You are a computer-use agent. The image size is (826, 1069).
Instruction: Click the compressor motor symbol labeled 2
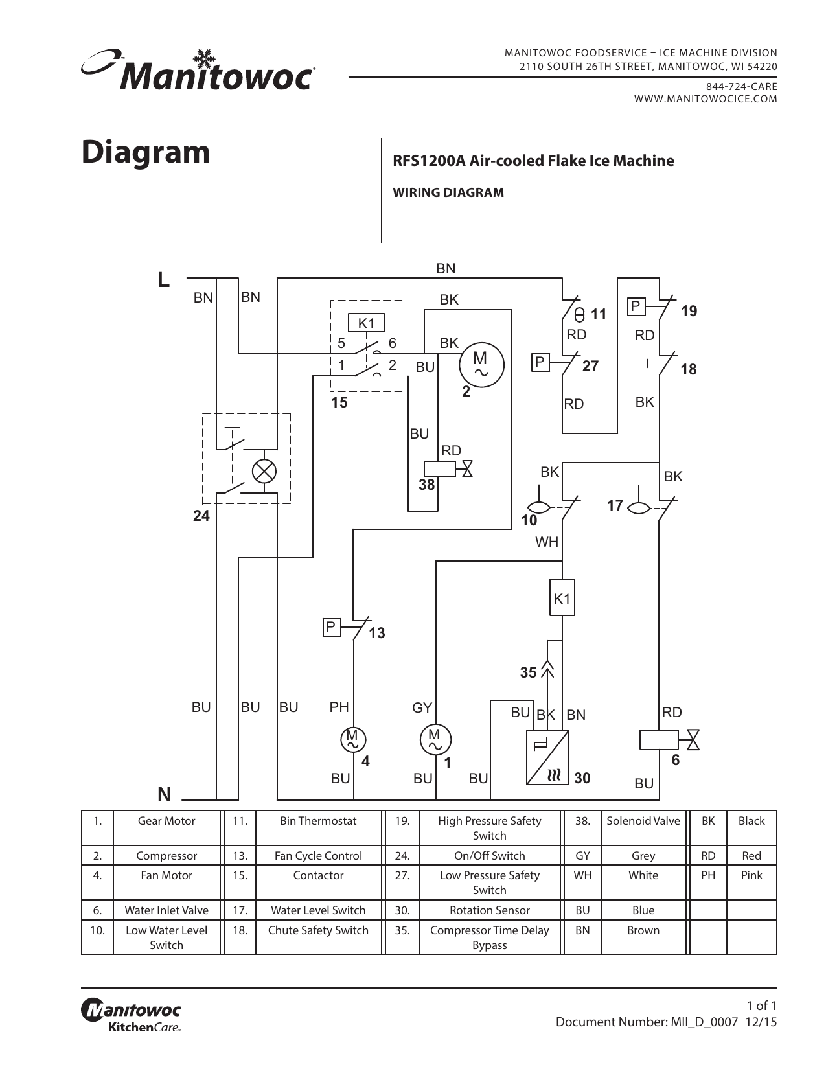click(481, 365)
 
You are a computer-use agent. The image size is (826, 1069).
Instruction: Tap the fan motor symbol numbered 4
click(353, 740)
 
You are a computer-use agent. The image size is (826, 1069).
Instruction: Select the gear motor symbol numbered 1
click(435, 740)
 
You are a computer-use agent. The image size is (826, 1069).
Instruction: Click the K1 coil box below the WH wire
click(562, 597)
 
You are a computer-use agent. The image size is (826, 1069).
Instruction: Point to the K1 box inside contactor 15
click(366, 323)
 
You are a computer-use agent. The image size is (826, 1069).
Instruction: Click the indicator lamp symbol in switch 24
click(264, 471)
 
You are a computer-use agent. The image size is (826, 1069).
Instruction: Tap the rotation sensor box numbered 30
click(547, 757)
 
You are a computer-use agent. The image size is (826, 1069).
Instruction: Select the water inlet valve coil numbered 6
click(658, 739)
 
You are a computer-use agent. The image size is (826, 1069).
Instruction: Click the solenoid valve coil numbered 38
click(439, 469)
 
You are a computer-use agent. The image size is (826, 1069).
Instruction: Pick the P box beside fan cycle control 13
click(331, 627)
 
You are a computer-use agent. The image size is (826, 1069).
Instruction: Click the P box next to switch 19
click(636, 306)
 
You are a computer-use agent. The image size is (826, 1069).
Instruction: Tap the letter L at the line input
click(163, 280)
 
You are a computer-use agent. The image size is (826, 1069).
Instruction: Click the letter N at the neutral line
click(165, 794)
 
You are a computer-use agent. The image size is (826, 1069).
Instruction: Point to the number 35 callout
click(528, 673)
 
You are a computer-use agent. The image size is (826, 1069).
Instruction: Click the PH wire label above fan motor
click(339, 707)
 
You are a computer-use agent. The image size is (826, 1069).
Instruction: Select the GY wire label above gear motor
click(422, 708)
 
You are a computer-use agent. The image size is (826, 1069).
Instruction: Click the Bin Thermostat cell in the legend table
click(318, 822)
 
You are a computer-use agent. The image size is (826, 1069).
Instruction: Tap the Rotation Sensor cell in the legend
click(489, 910)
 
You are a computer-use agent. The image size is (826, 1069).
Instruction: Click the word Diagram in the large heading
click(146, 152)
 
